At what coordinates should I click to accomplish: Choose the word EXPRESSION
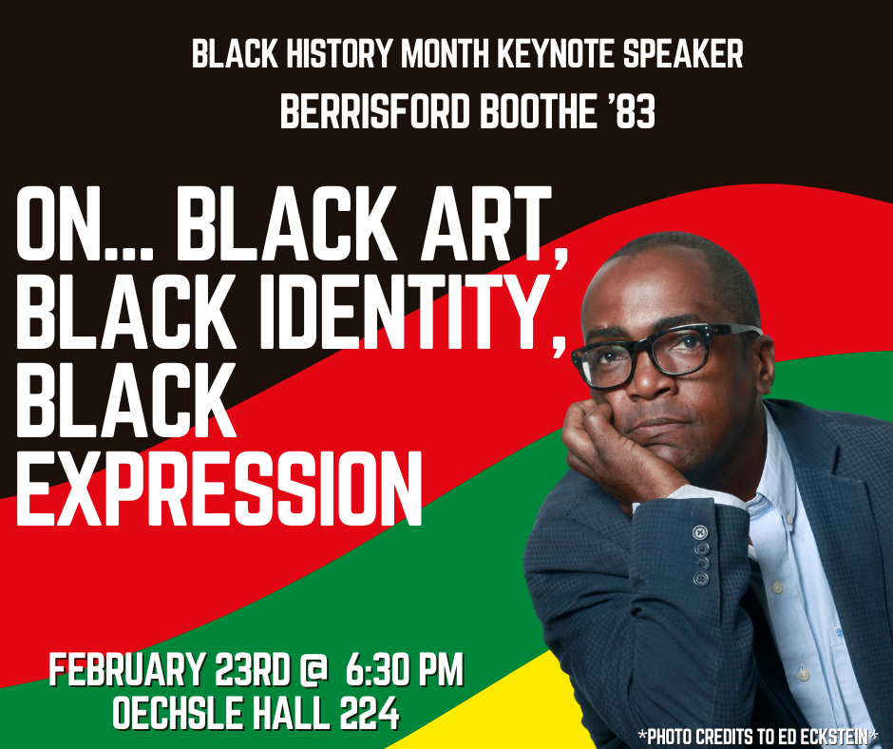click(x=218, y=486)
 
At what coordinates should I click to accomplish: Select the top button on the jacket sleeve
click(x=700, y=531)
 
